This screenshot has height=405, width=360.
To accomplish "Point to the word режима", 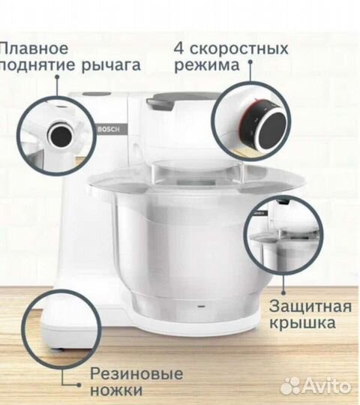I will point(207,65).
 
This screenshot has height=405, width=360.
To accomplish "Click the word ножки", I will point(116,390).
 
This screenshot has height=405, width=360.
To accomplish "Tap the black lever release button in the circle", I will point(58,135).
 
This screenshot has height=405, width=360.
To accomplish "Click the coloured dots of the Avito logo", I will point(289,385).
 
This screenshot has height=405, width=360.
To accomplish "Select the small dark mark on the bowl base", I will point(199,307).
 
